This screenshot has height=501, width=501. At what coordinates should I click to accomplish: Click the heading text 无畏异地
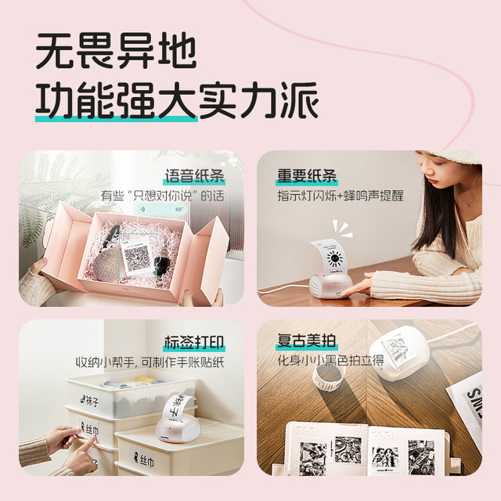tap(115, 52)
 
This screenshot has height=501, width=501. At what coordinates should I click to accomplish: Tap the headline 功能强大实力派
tap(177, 100)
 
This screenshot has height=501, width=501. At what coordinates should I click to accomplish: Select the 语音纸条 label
tap(193, 175)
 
